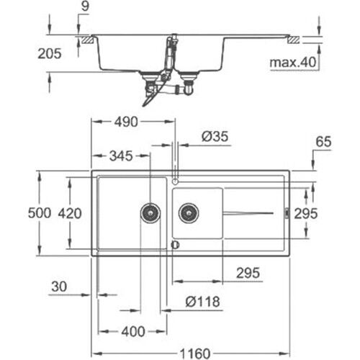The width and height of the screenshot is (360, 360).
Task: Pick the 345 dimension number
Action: (x=120, y=156)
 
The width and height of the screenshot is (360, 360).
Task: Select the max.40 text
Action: (x=292, y=63)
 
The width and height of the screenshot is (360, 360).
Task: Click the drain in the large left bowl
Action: (x=150, y=212)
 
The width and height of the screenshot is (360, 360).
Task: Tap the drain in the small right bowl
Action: (x=189, y=212)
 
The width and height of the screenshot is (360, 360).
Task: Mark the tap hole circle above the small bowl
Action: (x=175, y=181)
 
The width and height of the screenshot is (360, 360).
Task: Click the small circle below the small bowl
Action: (x=175, y=245)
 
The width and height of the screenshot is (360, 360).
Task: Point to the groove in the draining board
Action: (x=248, y=212)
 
